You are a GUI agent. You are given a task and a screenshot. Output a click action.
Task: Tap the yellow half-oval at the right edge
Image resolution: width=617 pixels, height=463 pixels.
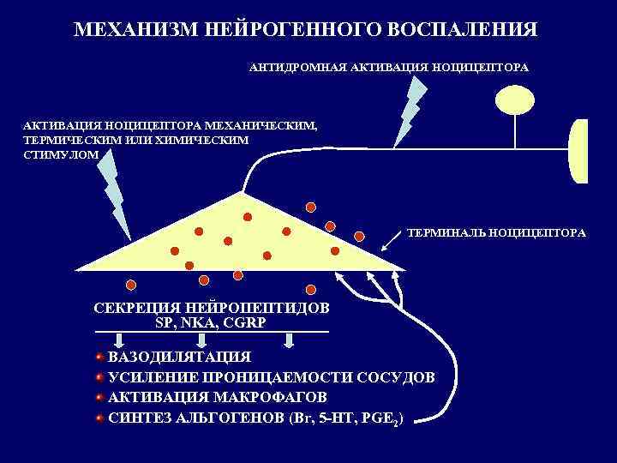click(x=579, y=151)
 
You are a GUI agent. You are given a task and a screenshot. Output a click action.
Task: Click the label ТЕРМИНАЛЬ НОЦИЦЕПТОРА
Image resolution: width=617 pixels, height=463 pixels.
click(x=496, y=232)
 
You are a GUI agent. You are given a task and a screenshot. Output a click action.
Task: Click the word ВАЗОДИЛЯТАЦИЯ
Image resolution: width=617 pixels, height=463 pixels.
click(x=179, y=358)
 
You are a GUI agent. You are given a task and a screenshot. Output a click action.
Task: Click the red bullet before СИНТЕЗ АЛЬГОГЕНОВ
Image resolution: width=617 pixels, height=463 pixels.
click(x=99, y=418)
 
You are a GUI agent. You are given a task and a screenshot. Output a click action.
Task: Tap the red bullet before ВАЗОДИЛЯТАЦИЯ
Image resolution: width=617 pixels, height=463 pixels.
click(x=99, y=357)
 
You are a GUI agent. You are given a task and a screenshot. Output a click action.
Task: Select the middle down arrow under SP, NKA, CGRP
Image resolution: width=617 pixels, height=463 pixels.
click(x=204, y=340)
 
